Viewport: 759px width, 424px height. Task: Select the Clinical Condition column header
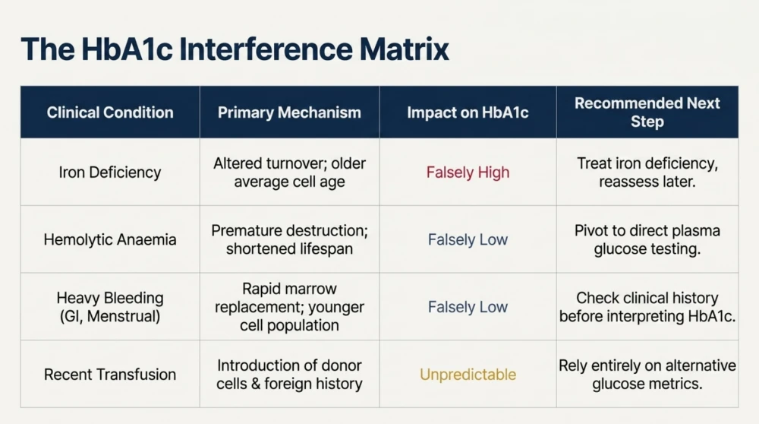pyautogui.click(x=110, y=112)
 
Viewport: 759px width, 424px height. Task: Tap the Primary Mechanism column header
pyautogui.click(x=289, y=112)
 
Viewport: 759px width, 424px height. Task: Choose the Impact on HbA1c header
pyautogui.click(x=468, y=112)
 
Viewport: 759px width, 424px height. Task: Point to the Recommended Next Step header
pyautogui.click(x=647, y=112)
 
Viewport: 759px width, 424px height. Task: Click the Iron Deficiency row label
pyautogui.click(x=110, y=172)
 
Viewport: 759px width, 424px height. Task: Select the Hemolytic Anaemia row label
pyautogui.click(x=110, y=239)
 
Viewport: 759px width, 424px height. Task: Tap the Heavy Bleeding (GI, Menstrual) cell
pyautogui.click(x=110, y=307)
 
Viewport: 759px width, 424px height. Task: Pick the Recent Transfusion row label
pyautogui.click(x=110, y=374)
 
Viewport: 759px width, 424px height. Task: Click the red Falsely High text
pyautogui.click(x=468, y=172)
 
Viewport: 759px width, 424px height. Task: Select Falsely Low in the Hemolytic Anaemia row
pyautogui.click(x=468, y=239)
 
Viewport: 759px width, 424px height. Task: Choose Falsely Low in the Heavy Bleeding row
pyautogui.click(x=468, y=307)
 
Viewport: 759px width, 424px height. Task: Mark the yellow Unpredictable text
pyautogui.click(x=468, y=374)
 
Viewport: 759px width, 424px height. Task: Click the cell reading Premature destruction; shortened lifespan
pyautogui.click(x=289, y=239)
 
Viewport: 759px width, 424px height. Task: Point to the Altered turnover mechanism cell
pyautogui.click(x=289, y=172)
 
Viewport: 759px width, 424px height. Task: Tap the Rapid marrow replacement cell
pyautogui.click(x=289, y=307)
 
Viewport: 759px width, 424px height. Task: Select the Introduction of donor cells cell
pyautogui.click(x=289, y=374)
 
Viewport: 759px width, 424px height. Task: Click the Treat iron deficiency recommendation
pyautogui.click(x=647, y=172)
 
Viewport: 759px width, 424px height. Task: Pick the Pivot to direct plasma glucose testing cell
pyautogui.click(x=647, y=239)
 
